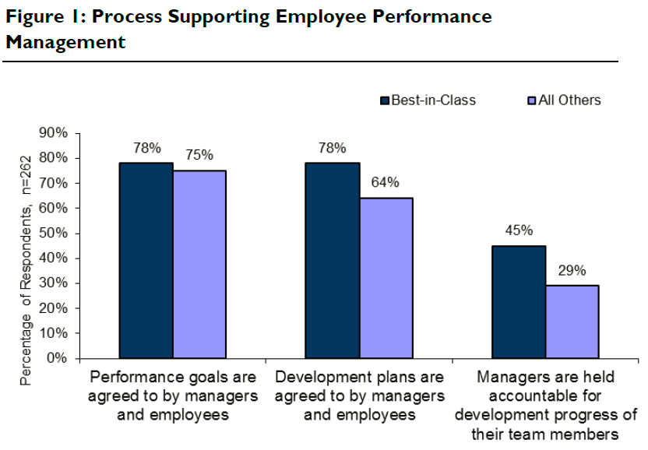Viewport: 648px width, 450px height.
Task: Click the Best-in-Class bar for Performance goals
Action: pyautogui.click(x=146, y=261)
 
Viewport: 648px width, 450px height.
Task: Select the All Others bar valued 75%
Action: pyautogui.click(x=199, y=265)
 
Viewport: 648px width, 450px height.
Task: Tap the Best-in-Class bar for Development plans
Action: pyautogui.click(x=333, y=261)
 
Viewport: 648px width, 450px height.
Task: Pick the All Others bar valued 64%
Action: pyautogui.click(x=386, y=278)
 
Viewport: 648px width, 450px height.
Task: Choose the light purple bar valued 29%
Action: pyautogui.click(x=572, y=322)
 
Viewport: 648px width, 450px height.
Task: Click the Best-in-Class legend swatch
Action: pyautogui.click(x=385, y=100)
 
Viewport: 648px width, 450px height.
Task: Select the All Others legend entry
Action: pyautogui.click(x=569, y=100)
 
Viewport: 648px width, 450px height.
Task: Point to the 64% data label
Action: pyautogui.click(x=386, y=183)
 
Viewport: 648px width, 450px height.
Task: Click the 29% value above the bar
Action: pyautogui.click(x=572, y=270)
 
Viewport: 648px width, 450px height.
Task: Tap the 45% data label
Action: pyautogui.click(x=519, y=230)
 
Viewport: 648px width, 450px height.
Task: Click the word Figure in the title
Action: pyautogui.click(x=33, y=17)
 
